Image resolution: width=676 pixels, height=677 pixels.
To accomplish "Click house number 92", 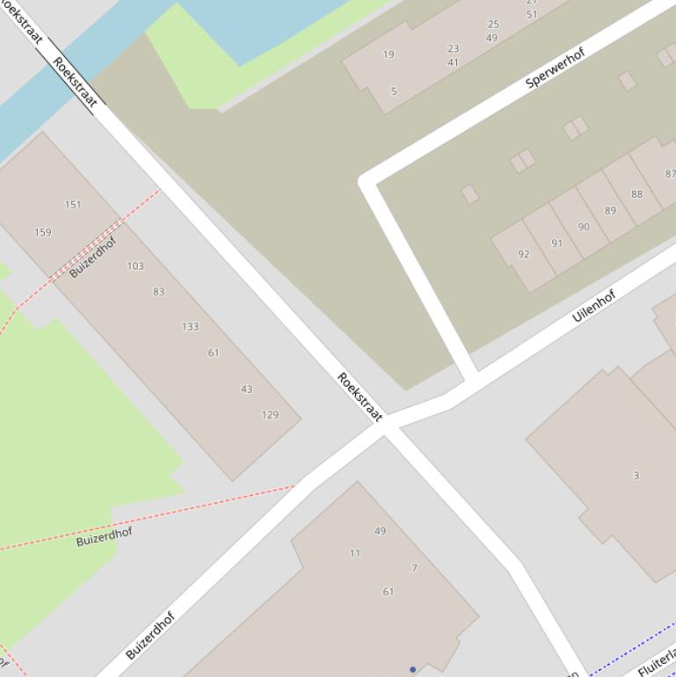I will pos(524,254).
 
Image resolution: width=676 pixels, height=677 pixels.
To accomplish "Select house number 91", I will pos(556,244).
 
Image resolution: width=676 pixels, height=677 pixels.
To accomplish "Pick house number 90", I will pos(584,227).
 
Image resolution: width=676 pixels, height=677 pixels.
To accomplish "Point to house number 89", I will pos(610,211).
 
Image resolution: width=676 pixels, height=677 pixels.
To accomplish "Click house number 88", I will pos(636,194).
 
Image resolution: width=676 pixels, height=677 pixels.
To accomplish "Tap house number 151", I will pos(73,205).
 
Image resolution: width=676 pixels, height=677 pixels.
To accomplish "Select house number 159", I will pos(42,233).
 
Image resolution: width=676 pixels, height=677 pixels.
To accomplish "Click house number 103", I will pos(135,266).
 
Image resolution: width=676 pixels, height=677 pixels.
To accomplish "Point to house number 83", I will pos(158,292).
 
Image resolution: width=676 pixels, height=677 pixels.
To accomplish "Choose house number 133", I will pos(190,326).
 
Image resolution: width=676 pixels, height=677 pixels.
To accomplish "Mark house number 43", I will pos(246,389).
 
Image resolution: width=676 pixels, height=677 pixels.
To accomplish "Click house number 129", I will pos(270,415).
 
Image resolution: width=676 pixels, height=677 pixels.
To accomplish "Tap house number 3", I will pos(636,476).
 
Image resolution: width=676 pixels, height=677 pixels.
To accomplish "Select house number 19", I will pos(389,55).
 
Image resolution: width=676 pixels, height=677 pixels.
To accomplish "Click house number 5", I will pos(394,91).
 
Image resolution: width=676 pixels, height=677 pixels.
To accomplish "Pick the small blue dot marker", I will pos(412,669).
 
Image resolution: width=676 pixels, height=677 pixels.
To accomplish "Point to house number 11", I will pos(354,553).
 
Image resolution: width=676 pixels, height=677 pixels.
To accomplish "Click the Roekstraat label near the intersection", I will pos(360,397).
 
